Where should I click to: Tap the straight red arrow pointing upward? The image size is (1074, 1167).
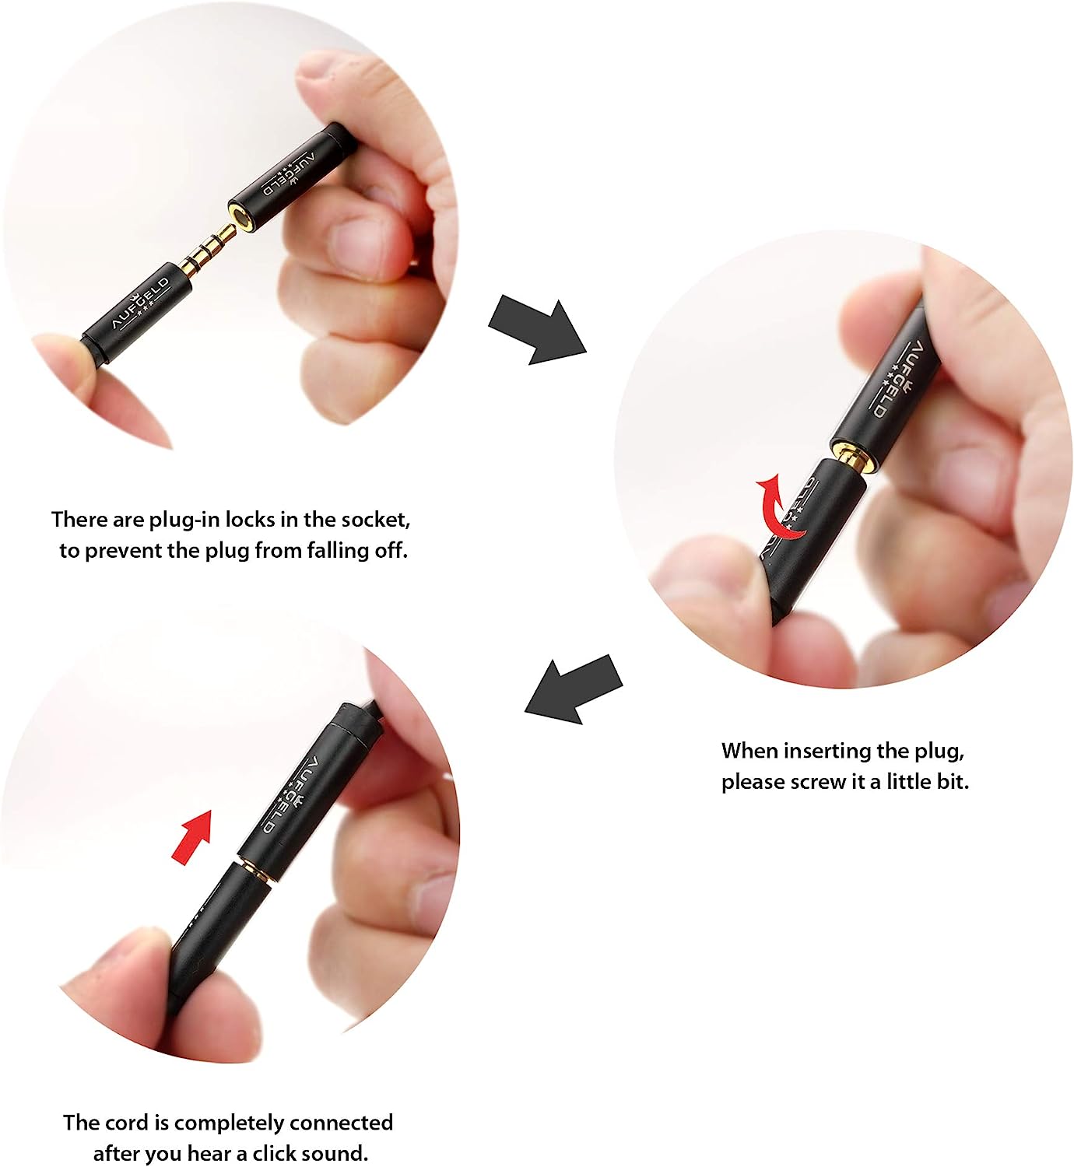[192, 836]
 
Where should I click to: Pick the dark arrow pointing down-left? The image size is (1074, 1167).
[574, 689]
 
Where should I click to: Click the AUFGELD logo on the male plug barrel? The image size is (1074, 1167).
[142, 302]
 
